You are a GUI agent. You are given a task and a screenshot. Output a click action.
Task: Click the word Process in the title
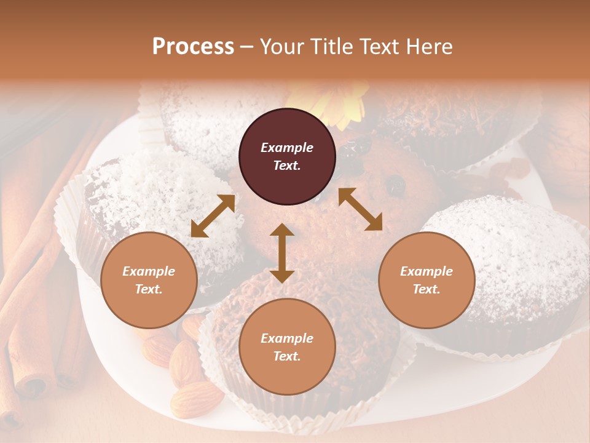(x=193, y=47)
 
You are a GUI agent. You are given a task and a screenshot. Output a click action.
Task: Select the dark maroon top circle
(x=287, y=156)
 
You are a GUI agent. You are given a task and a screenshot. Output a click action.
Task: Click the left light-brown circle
(x=149, y=280)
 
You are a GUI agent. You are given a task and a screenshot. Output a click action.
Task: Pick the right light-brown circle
(x=427, y=280)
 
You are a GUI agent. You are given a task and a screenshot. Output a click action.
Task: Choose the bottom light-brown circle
(x=287, y=347)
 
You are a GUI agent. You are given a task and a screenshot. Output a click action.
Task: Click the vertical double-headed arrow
(x=282, y=253)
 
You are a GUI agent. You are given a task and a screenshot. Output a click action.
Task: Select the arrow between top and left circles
(x=213, y=216)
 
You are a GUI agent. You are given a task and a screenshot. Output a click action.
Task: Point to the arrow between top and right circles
(x=360, y=209)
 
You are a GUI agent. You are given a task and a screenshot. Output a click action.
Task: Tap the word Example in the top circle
(x=287, y=148)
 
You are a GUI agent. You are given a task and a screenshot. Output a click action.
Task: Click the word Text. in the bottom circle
(x=287, y=356)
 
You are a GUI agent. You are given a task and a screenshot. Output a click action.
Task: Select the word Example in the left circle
(x=149, y=271)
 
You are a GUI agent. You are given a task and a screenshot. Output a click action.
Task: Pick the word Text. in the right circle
(x=427, y=289)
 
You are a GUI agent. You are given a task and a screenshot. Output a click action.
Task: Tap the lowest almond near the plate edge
(x=195, y=398)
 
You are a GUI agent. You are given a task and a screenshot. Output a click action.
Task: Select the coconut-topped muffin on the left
(x=147, y=191)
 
